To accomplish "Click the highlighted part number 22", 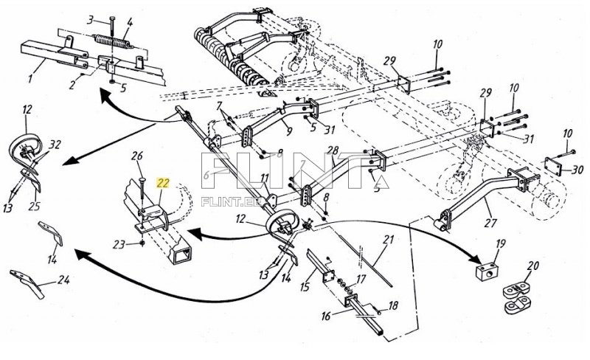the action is coord(163,184).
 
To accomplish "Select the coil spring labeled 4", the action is coord(113,41).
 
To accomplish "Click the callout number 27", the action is coord(490,223).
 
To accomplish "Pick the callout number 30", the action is coord(577,170).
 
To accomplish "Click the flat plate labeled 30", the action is coord(554,166).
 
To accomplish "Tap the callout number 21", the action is coord(388,239).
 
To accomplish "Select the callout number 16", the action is coord(326,316).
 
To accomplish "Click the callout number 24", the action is coord(63,280).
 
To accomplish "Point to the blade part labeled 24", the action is coord(27,283).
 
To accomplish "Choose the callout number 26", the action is coord(137,156).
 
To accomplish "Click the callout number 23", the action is coord(119,245).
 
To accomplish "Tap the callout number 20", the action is coord(532,266).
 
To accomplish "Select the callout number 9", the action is coord(289,131).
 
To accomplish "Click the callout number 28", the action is coord(333,151).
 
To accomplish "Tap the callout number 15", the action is coord(305,287).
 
